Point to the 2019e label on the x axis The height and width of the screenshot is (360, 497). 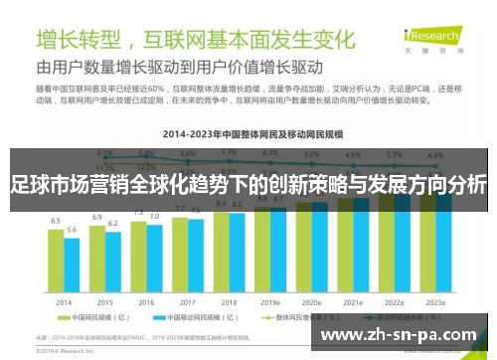coord(269,302)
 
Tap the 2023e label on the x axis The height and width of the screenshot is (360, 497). coord(435,302)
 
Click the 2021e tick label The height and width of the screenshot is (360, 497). coord(353,302)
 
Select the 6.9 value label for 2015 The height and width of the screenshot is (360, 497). coord(97,216)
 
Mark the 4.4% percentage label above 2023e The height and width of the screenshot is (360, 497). coord(435,156)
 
